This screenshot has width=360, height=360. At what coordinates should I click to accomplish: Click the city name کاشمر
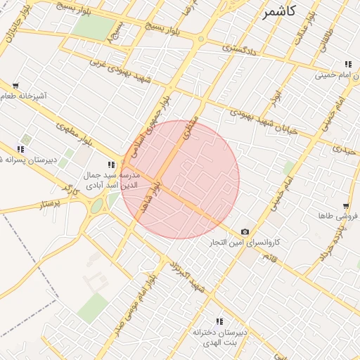[x=279, y=12]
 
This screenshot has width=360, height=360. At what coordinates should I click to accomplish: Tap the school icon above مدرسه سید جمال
[x=111, y=165]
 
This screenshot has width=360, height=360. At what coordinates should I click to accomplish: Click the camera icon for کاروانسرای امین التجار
[x=245, y=232]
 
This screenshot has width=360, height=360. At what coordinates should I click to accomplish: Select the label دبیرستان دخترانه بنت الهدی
[x=220, y=336]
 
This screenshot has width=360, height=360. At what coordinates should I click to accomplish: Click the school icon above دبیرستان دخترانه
[x=219, y=321]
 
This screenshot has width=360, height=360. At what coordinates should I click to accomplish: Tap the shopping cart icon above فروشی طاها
[x=345, y=206]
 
